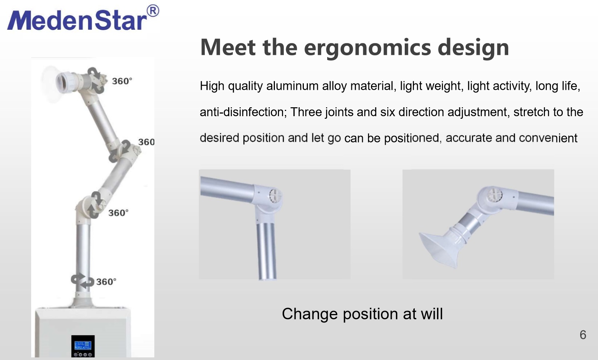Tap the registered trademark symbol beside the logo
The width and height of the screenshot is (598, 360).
(153, 11)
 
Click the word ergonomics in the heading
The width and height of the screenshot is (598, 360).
(367, 48)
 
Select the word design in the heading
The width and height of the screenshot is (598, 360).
(473, 48)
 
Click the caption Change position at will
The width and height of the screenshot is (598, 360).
(362, 314)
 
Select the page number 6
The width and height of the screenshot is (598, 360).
(583, 335)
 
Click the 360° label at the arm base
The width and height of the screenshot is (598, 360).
(106, 282)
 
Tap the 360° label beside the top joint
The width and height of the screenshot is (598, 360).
(122, 81)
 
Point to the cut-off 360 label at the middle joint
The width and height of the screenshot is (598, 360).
(146, 142)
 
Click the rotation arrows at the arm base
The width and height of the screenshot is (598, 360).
(82, 281)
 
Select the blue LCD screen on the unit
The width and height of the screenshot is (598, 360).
(83, 345)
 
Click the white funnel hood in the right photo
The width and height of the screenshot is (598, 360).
(440, 248)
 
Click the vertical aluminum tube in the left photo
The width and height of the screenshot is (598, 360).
(266, 251)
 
